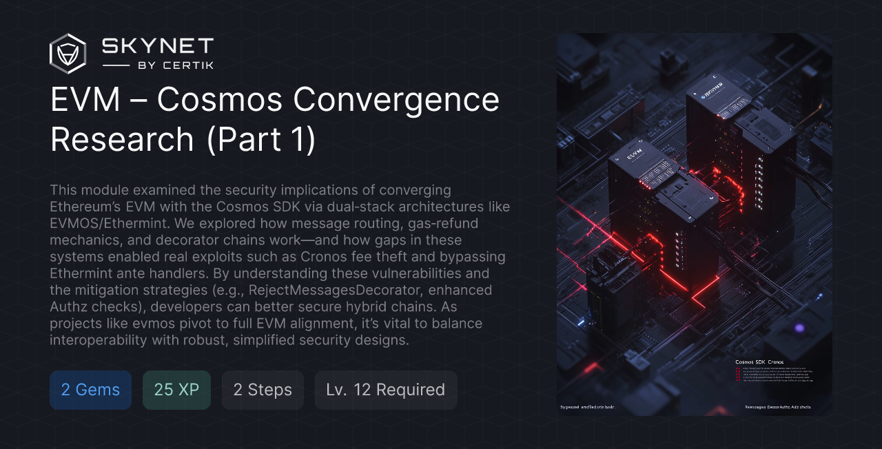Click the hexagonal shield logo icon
coord(68,54)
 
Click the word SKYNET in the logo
coord(158,47)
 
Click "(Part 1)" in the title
coord(261,139)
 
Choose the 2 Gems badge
coord(90,390)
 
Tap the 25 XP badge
coord(176,390)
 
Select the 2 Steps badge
coord(263,390)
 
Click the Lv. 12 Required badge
coord(386,390)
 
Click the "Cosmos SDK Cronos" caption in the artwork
coord(759,362)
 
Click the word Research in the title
coord(122,139)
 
